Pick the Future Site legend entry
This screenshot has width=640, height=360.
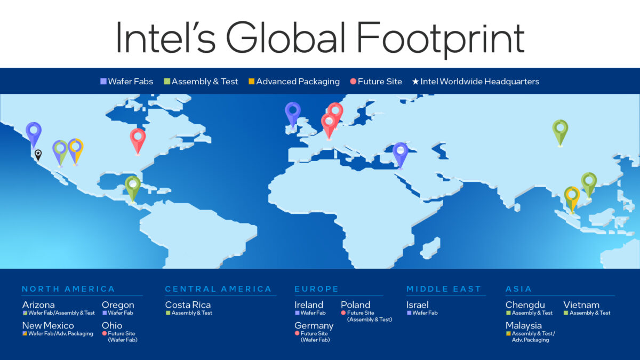377,82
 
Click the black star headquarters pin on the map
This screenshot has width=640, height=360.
38,154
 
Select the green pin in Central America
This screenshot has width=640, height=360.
132,186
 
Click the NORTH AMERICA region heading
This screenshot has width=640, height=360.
68,289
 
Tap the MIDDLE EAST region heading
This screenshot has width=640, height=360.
444,289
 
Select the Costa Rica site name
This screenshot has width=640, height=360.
188,305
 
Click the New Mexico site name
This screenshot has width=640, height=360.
48,325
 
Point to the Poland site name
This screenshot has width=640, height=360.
355,305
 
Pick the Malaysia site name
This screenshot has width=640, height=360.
524,325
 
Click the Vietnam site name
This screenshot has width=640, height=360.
581,305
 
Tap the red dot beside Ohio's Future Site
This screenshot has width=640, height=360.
105,333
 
